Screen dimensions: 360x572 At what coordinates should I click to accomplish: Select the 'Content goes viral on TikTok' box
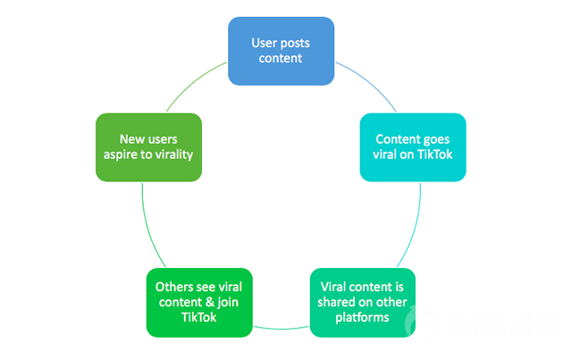coord(413,147)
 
